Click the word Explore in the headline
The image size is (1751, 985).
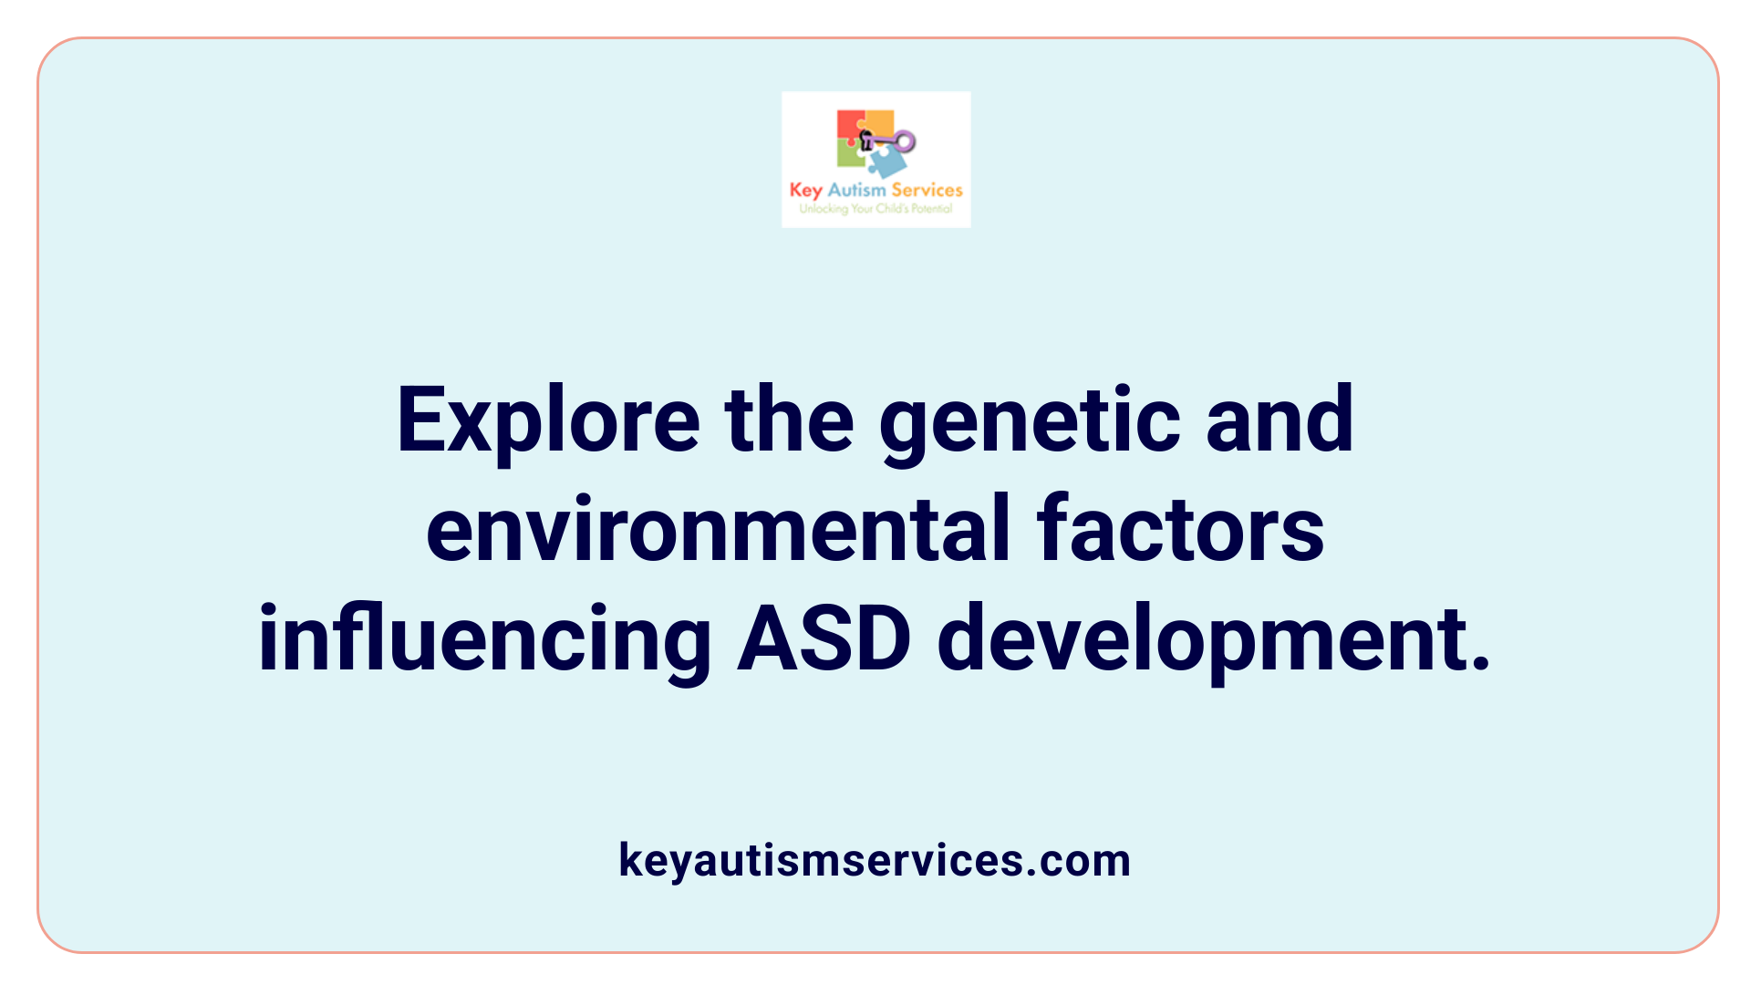pos(548,420)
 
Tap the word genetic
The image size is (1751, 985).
pos(1030,422)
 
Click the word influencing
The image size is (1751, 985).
pos(484,639)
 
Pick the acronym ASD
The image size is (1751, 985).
pos(824,639)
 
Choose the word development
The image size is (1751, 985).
pos(1213,639)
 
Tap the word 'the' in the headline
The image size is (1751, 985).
pos(789,420)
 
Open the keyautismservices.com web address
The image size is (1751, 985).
pos(875,860)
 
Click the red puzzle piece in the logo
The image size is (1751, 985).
pos(849,124)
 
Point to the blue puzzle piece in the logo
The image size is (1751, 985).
pos(887,162)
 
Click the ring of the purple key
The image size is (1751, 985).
pos(905,140)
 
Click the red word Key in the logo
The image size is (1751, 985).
pos(805,190)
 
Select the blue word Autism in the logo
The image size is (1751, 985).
pos(856,190)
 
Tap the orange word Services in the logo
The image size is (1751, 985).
pos(927,190)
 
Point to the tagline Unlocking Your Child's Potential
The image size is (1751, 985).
pos(875,209)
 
